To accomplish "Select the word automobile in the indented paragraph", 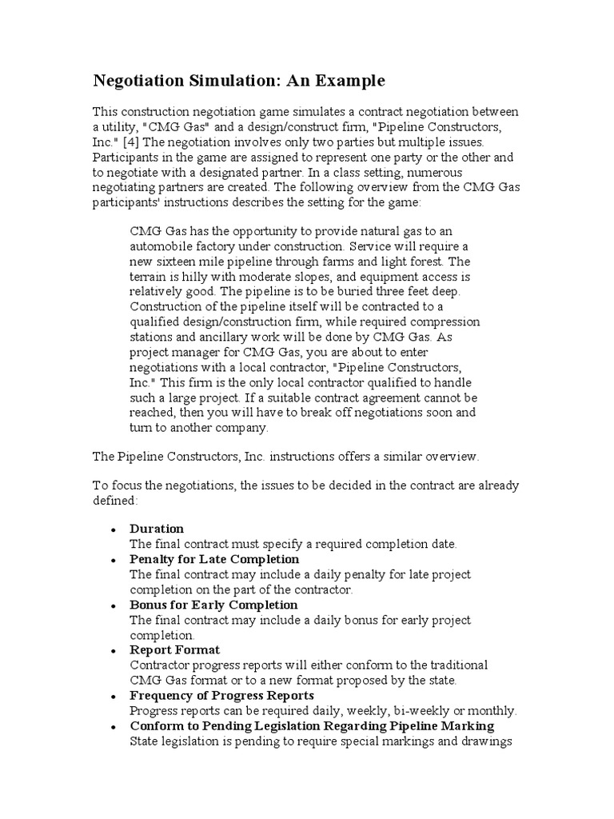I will coord(157,246).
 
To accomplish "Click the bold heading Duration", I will coord(157,529).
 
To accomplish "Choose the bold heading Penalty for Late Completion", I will coord(214,559).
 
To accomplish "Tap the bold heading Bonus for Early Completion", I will coord(213,605).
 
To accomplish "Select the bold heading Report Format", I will coord(174,649).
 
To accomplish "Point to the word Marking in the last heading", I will coord(466,725).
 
